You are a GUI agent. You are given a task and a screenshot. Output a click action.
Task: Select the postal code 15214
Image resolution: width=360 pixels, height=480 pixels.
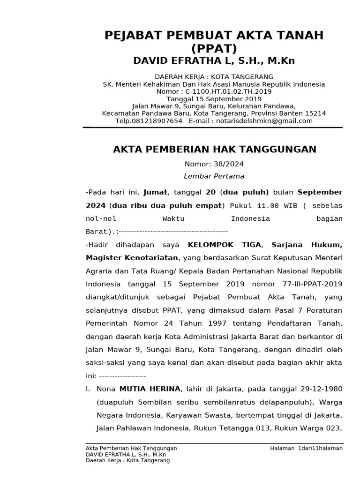[x=315, y=113]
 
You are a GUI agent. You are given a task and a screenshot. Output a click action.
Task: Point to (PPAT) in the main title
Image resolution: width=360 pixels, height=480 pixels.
[x=214, y=49]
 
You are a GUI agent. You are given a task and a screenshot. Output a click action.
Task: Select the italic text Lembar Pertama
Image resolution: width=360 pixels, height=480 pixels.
[x=214, y=176]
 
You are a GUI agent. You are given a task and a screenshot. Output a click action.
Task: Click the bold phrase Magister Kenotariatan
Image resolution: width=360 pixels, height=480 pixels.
[x=132, y=258]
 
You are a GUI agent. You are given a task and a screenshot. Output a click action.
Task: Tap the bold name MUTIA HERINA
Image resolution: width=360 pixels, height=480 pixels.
[x=150, y=389]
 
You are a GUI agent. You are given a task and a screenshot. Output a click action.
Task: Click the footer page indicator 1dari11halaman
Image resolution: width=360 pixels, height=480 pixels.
[x=320, y=449]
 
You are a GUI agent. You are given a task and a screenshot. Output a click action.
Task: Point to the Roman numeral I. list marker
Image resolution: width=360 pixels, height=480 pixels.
[x=88, y=389]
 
